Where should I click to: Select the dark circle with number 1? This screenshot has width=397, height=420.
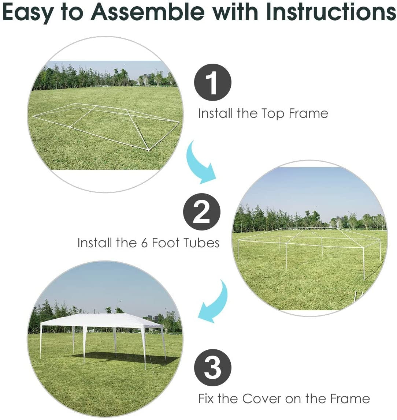pos(213,82)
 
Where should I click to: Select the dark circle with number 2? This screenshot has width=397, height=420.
pos(202,212)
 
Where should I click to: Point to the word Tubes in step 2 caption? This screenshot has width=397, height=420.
pos(201,243)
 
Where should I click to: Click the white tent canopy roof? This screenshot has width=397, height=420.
pos(103,320)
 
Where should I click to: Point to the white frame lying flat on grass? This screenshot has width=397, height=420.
pos(106,124)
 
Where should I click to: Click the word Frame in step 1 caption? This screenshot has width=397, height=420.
pos(308,114)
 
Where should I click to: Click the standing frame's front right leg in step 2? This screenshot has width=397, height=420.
pos(364,263)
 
